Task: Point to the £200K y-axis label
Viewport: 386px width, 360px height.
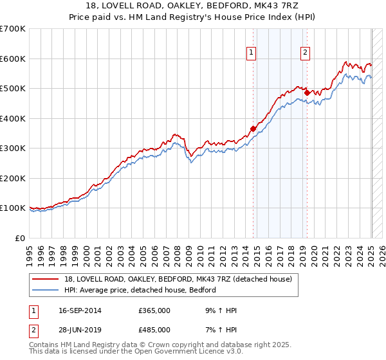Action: click(x=12, y=178)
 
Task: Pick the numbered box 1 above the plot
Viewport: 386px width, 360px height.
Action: click(x=250, y=53)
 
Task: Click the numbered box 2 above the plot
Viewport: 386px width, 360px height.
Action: click(x=304, y=53)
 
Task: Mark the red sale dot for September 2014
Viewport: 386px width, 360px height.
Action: click(x=253, y=129)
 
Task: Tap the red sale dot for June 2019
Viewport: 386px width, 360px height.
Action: click(x=307, y=93)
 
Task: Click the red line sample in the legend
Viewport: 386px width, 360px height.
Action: click(x=46, y=279)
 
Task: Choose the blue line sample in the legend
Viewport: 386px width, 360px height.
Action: click(x=46, y=290)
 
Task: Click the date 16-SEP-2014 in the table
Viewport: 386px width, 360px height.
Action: click(x=78, y=311)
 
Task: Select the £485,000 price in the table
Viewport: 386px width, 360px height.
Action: click(x=154, y=329)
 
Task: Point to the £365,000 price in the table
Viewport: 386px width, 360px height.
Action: click(x=154, y=311)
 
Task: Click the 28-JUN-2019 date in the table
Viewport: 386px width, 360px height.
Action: click(x=78, y=329)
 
